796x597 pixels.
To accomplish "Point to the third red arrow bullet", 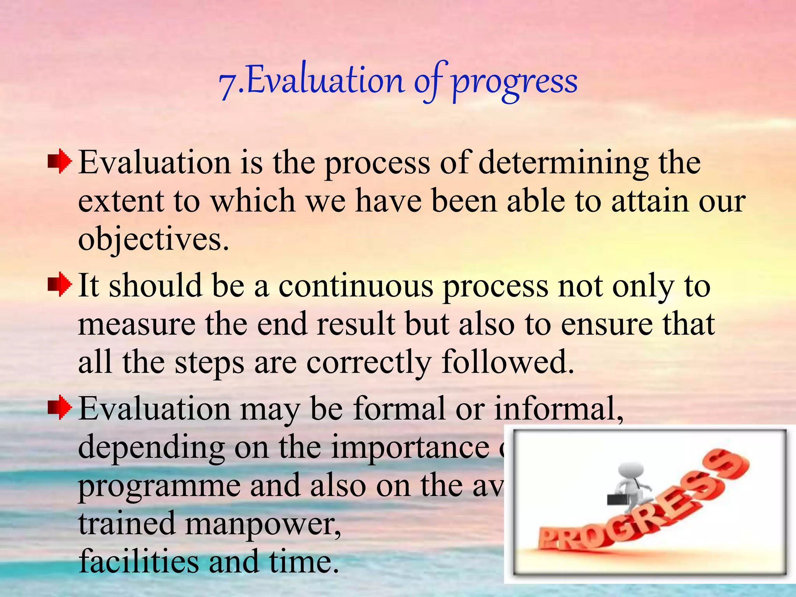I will pyautogui.click(x=59, y=408).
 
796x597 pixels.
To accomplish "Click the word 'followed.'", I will pyautogui.click(x=508, y=361).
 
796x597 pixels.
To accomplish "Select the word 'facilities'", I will pyautogui.click(x=138, y=561).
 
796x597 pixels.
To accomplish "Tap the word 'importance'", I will pyautogui.click(x=410, y=447).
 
